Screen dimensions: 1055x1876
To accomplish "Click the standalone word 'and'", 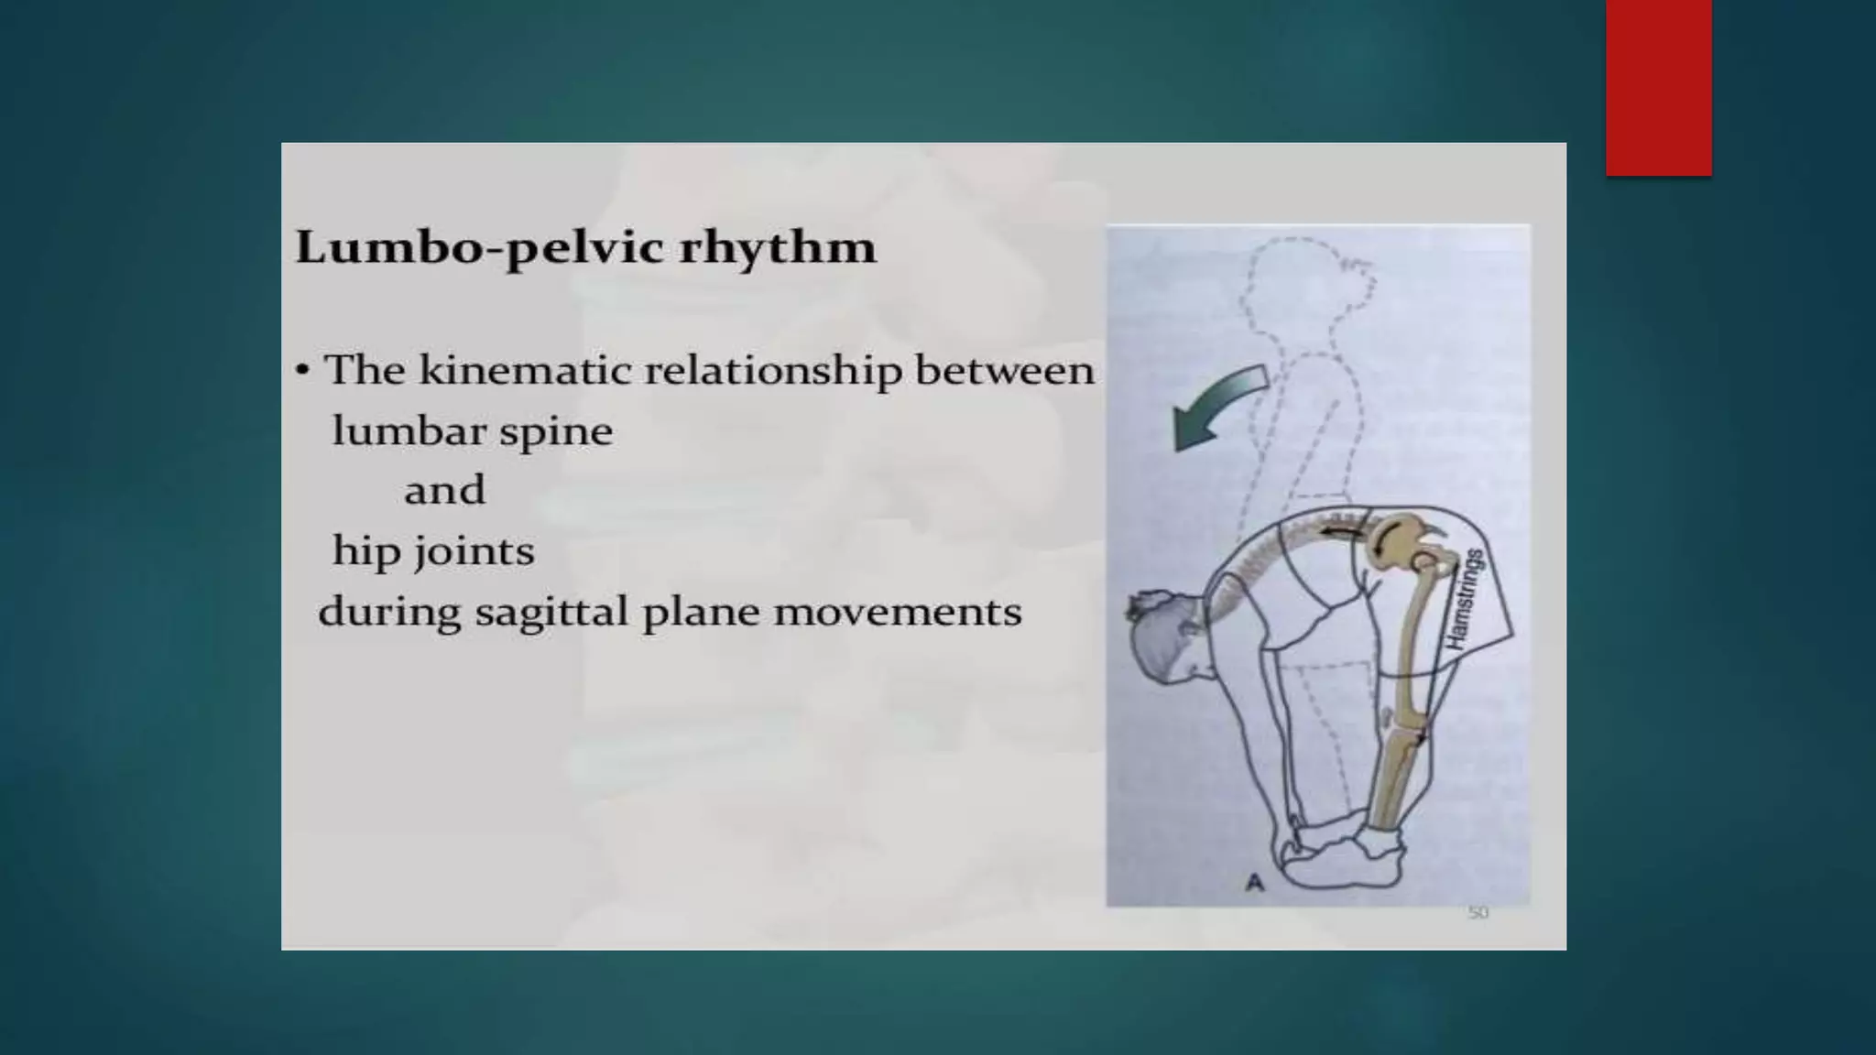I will [444, 491].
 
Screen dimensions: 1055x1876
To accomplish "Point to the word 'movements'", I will [898, 612].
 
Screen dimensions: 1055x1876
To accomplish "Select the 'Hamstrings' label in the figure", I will [1466, 600].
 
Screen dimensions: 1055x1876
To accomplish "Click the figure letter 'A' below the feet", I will [1255, 883].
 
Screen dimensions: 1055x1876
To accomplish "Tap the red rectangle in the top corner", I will [1658, 87].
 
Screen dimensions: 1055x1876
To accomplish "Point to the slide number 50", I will [1478, 912].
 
